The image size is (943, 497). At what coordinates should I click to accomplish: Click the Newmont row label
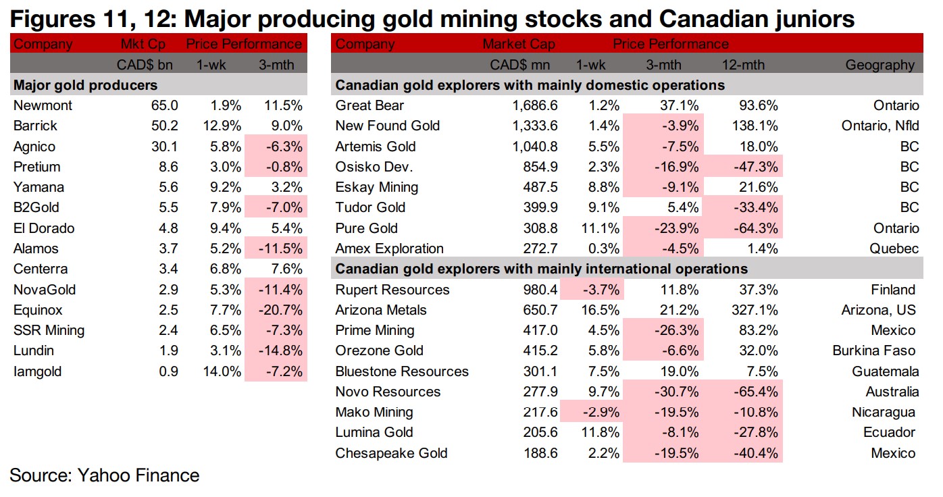[x=43, y=105]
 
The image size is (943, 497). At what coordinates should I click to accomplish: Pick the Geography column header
[x=880, y=65]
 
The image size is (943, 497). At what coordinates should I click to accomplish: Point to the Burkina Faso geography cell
[x=874, y=350]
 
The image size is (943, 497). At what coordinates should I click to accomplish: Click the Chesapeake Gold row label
[x=391, y=453]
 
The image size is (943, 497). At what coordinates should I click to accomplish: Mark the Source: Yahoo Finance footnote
[x=105, y=475]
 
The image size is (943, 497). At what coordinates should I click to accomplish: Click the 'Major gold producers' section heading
[x=86, y=85]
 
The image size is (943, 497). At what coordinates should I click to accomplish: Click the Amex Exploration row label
[x=389, y=248]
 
